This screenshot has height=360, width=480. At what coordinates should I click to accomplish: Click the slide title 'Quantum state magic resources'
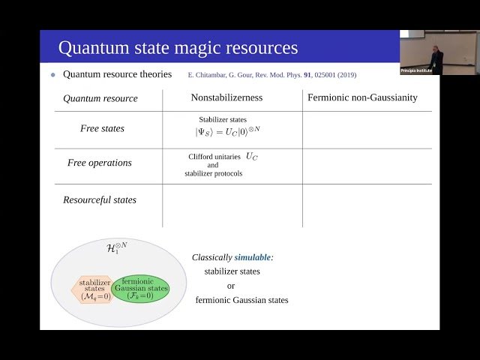coord(178,48)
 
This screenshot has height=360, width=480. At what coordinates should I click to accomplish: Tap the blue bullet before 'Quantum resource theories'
coord(53,75)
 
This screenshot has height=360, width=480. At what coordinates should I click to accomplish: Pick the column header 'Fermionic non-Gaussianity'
coord(362,97)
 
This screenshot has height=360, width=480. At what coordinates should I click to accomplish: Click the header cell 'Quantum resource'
coord(100,98)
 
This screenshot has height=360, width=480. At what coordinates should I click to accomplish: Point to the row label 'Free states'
coord(102,128)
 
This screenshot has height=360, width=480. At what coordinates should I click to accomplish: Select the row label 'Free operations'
coord(99,163)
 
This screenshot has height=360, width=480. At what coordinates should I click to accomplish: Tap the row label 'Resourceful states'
coord(100,200)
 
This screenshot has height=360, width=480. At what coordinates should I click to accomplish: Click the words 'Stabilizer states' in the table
coord(223,119)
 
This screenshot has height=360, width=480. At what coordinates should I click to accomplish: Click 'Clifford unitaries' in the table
coord(214,157)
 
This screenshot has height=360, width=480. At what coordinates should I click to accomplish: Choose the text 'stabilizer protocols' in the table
coord(214,174)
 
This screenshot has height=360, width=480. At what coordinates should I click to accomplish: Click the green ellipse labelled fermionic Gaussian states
coord(140,289)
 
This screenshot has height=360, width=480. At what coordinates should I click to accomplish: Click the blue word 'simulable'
coord(253,256)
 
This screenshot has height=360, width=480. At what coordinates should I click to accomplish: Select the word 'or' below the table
coord(232,286)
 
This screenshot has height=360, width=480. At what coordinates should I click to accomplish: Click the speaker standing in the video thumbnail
coord(436,56)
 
